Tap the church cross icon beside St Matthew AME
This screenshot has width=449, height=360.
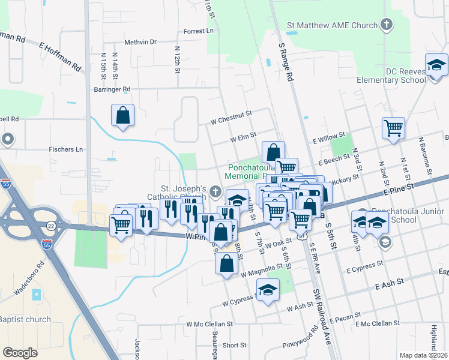point(387,25)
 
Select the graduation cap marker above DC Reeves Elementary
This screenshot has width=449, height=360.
point(436,65)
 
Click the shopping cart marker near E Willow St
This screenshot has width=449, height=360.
point(393,128)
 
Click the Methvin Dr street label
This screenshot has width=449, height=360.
point(140,42)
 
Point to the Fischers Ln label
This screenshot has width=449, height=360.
point(66,149)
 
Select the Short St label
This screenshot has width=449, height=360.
point(234,345)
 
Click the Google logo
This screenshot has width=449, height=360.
point(20,353)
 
